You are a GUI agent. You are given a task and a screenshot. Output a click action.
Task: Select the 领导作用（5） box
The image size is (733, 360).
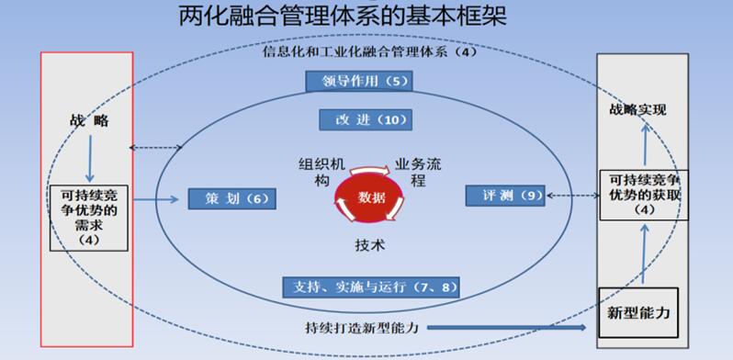click(358, 82)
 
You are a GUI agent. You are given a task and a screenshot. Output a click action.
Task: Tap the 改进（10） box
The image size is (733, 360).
click(365, 120)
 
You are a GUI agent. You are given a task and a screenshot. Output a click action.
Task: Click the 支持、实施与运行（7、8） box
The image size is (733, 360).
click(370, 286)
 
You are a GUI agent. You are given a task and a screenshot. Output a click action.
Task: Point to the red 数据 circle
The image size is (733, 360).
click(372, 197)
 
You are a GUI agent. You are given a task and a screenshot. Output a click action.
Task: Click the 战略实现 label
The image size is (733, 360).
click(637, 110)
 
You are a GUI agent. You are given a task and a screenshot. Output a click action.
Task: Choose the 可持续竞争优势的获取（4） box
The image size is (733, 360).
click(643, 194)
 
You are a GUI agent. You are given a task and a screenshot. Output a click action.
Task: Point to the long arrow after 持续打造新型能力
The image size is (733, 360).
click(505, 326)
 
